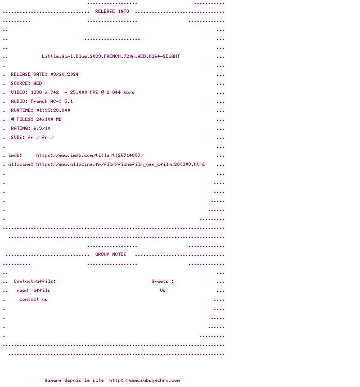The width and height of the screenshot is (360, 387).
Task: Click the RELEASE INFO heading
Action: pyautogui.click(x=112, y=11)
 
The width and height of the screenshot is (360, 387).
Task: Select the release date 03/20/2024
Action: pyautogui.click(x=64, y=74)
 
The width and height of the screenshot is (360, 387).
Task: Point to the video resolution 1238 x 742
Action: pyautogui.click(x=44, y=92)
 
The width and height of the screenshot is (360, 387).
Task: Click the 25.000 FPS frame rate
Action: pyautogui.click(x=84, y=92)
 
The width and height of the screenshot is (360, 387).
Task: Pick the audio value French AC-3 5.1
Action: pyautogui.click(x=52, y=101)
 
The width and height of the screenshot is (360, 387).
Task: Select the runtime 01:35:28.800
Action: pyautogui.click(x=53, y=110)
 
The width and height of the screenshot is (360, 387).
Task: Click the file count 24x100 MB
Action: pyautogui.click(x=49, y=119)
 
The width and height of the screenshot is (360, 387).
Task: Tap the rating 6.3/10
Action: pyautogui.click(x=42, y=128)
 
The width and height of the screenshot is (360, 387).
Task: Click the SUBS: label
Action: pyautogui.click(x=18, y=137)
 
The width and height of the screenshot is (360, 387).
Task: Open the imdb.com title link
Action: pyautogui.click(x=90, y=155)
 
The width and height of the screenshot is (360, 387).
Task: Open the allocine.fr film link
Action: pyautogui.click(x=120, y=164)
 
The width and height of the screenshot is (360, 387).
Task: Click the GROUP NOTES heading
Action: pyautogui.click(x=111, y=254)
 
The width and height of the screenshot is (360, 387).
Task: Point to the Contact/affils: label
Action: pyautogui.click(x=35, y=281)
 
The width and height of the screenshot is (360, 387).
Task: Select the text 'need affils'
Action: pyautogui.click(x=33, y=290)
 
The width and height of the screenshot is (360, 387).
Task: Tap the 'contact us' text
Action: pyautogui.click(x=33, y=299)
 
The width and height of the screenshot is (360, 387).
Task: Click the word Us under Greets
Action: pyautogui.click(x=163, y=290)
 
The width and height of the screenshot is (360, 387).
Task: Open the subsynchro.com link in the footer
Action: pyautogui.click(x=145, y=380)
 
